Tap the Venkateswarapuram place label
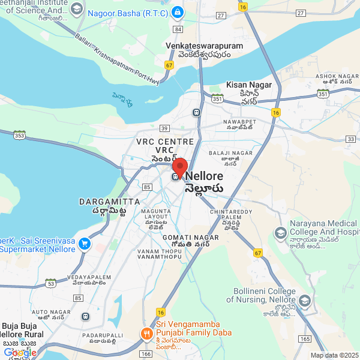(204, 46)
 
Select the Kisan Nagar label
(249, 85)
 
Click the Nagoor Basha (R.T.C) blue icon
(177, 12)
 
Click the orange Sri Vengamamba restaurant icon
(146, 333)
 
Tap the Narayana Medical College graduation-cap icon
(280, 232)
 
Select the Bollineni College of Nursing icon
(305, 300)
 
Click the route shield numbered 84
(177, 28)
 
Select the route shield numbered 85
(147, 187)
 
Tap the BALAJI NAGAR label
(231, 153)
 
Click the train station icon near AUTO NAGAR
(86, 316)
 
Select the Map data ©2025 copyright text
(334, 355)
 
